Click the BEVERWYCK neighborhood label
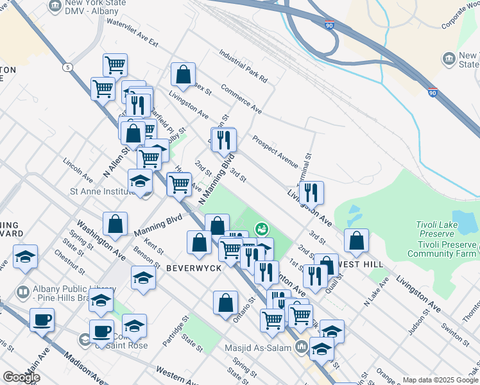point(194,267)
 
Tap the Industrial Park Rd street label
point(243,66)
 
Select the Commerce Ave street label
point(241,99)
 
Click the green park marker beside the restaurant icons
point(261,228)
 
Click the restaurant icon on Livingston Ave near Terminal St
point(311,192)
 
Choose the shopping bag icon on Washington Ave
point(115,224)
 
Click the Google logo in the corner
point(21,377)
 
